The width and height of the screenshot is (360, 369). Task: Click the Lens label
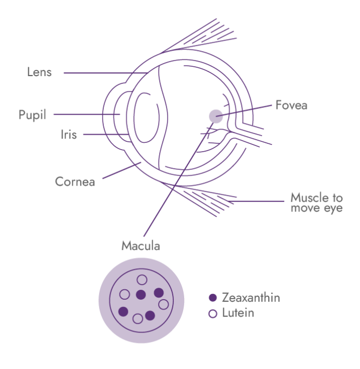tap(39, 72)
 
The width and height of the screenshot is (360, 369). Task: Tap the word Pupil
tap(32, 115)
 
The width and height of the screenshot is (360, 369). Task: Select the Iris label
tap(68, 135)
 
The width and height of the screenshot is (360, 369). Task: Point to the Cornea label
tap(75, 182)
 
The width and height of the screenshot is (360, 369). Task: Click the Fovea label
tap(291, 105)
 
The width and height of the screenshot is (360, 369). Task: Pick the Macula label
tap(140, 245)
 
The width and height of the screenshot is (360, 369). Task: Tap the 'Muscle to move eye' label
tap(317, 203)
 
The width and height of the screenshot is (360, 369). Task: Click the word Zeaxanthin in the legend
tap(250, 298)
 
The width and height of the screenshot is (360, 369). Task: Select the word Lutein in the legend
tap(238, 313)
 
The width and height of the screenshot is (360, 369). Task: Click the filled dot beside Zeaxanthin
tap(212, 298)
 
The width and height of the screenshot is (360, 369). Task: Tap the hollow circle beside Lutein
tap(212, 314)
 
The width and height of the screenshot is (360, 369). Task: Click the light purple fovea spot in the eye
tap(215, 116)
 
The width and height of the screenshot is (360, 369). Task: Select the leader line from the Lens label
tap(104, 73)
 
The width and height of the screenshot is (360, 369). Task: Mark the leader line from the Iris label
tap(104, 134)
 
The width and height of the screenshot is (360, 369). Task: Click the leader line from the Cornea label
tap(120, 171)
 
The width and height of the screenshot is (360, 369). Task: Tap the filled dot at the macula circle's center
tap(140, 295)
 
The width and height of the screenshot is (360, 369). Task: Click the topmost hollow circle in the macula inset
tap(141, 280)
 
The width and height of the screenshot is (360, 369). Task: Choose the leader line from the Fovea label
tap(245, 110)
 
